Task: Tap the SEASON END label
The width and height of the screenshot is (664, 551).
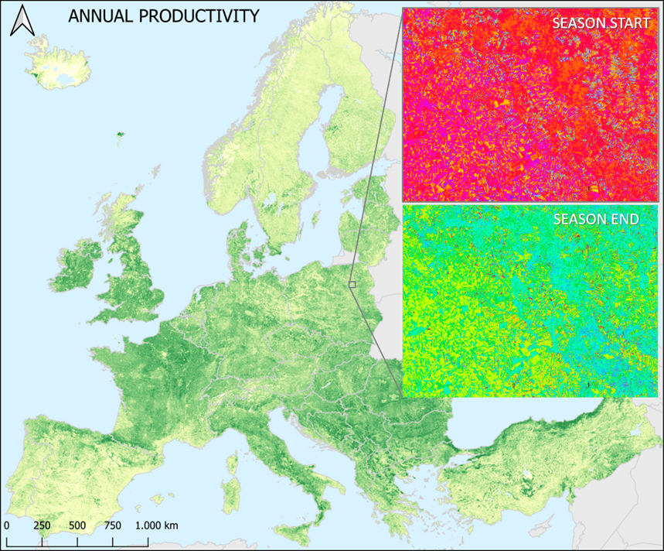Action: [x=596, y=219]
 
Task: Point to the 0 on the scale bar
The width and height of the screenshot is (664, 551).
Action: [x=6, y=525]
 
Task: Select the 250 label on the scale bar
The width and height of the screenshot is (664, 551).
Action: [x=42, y=525]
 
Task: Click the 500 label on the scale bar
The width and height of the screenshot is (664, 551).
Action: [x=77, y=525]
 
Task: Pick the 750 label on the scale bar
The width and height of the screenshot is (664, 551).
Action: [x=113, y=525]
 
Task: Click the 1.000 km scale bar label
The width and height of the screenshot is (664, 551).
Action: [x=157, y=525]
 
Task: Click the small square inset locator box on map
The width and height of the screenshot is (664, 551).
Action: [x=352, y=285]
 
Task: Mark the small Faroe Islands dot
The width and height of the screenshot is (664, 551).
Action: [x=119, y=135]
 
